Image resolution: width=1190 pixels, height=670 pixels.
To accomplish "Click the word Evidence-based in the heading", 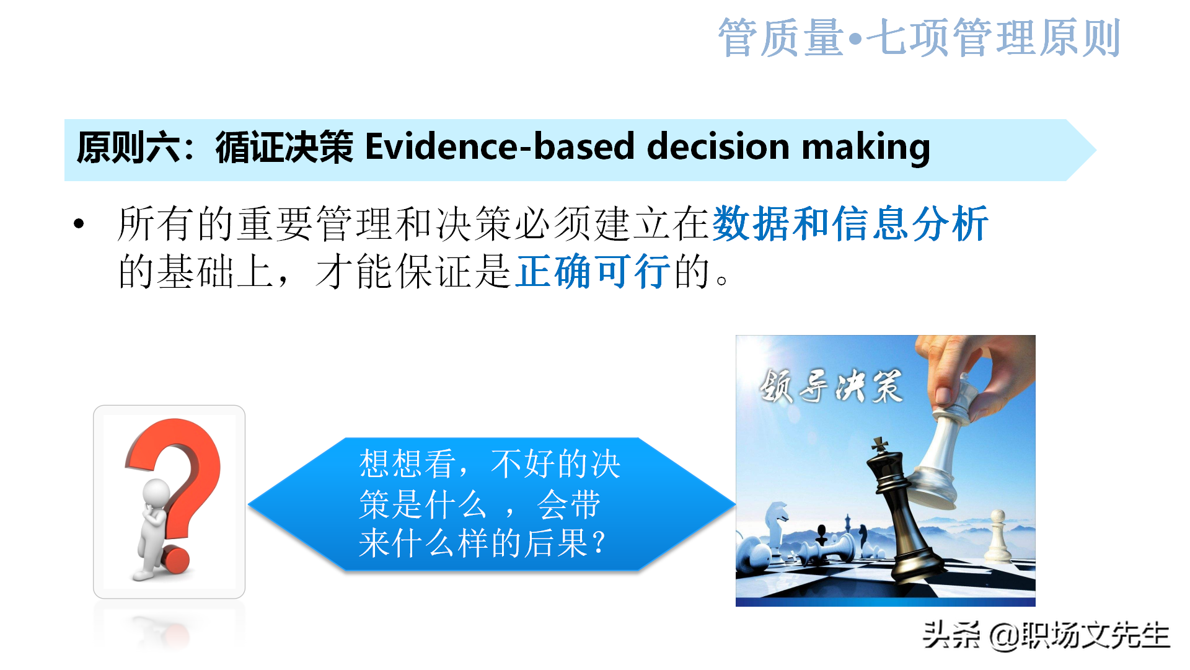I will pyautogui.click(x=499, y=148).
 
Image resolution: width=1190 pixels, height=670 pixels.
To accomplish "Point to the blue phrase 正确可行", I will pyautogui.click(x=593, y=271).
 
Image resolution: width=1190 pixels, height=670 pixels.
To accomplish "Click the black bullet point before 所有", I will pyautogui.click(x=79, y=224).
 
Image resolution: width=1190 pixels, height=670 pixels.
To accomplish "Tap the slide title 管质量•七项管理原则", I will pyautogui.click(x=919, y=38).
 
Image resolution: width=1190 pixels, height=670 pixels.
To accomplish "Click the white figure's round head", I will pyautogui.click(x=156, y=493).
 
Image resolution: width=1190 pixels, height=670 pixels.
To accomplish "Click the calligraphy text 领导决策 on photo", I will pyautogui.click(x=831, y=386).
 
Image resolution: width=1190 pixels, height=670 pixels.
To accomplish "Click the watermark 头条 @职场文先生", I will pyautogui.click(x=1046, y=635).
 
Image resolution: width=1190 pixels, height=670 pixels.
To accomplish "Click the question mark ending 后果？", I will pyautogui.click(x=599, y=543).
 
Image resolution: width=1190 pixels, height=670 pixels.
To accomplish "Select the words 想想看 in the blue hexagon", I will pyautogui.click(x=407, y=464).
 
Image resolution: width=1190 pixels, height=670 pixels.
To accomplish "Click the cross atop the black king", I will pyautogui.click(x=879, y=444).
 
